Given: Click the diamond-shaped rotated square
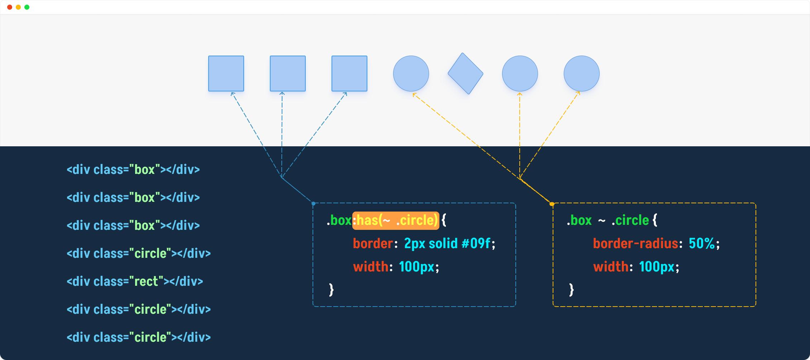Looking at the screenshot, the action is click(x=466, y=74).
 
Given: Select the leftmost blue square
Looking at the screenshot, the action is click(x=226, y=74).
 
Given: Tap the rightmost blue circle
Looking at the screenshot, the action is click(x=582, y=74).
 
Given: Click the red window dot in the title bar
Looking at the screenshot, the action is click(x=10, y=7).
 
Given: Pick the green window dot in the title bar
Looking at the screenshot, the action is click(x=27, y=7).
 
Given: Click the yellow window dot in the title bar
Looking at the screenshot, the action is click(x=18, y=7).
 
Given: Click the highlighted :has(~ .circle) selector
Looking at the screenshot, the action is click(x=396, y=220).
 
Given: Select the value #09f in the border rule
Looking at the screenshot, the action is click(x=476, y=243).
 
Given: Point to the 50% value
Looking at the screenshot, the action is click(x=702, y=243).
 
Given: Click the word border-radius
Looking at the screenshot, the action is click(x=635, y=243).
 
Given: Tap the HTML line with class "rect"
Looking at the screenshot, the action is click(x=135, y=281).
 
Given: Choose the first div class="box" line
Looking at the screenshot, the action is click(x=133, y=170).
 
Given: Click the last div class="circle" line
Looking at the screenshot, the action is click(x=139, y=337).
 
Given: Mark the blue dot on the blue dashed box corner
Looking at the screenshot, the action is click(x=314, y=204).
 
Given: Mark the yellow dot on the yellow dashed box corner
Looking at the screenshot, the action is click(x=552, y=204).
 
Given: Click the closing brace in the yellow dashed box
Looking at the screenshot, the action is click(x=571, y=289).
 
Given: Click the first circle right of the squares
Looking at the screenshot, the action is click(x=411, y=74).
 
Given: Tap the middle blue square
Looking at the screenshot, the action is click(x=288, y=74).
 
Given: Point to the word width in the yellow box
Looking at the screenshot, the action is click(x=611, y=267).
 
